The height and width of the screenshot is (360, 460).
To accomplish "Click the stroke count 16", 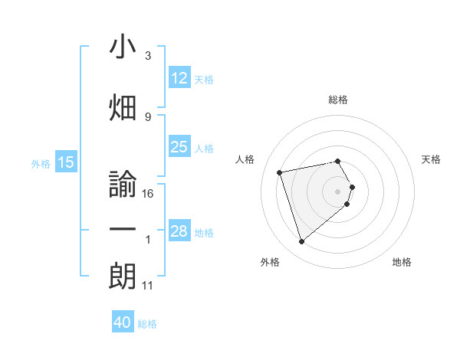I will coord(148,194).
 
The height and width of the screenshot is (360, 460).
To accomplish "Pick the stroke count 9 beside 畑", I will coord(148,116).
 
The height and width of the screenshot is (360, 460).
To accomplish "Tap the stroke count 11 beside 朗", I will coord(148,286).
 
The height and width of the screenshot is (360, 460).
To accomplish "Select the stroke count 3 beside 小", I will coord(148,56).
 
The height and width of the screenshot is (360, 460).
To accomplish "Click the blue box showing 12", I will coord(179,78).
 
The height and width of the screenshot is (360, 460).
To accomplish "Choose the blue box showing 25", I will coord(179,147).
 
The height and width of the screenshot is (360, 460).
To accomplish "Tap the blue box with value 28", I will coord(179,231).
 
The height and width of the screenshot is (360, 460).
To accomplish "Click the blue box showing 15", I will coord(65,162).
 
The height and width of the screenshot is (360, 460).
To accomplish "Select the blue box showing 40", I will coord(123,322).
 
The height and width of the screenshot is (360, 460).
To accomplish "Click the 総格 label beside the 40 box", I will coord(147,324).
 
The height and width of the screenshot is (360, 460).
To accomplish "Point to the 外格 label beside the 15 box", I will coord(41,163).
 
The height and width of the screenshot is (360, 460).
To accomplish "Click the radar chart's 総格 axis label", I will coord(338,100).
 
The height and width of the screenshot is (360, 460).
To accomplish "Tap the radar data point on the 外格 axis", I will coord(301,242).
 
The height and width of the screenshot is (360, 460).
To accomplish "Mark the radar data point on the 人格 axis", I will coord(280,172).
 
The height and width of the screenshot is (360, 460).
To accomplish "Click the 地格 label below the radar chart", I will coord(402,262).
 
